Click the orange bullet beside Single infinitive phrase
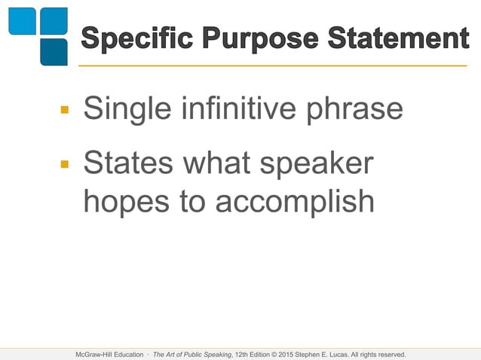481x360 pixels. tap(65, 110)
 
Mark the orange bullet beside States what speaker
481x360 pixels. tap(65, 163)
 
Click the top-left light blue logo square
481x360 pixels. tap(22, 21)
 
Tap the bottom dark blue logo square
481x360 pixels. tap(54, 52)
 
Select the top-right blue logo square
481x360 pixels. tap(54, 21)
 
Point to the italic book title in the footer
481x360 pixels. tap(192, 354)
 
